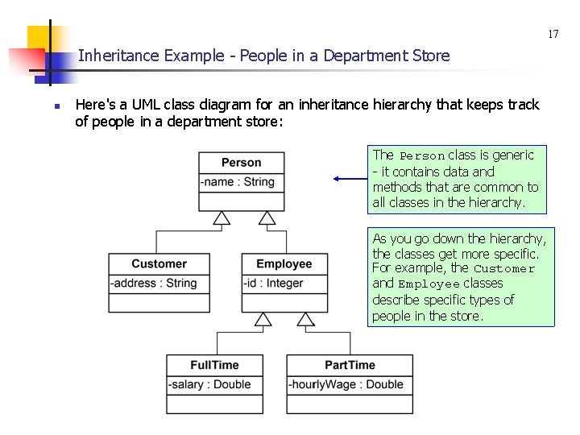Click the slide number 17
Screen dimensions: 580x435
tap(553, 35)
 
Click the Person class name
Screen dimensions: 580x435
tap(241, 163)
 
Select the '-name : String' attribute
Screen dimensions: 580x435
tap(238, 182)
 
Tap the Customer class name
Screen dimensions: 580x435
tap(159, 264)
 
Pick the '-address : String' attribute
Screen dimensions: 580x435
tap(154, 284)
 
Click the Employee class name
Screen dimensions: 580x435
tap(284, 264)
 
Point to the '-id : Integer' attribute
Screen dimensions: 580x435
tap(274, 284)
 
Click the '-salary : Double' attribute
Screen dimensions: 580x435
tap(209, 384)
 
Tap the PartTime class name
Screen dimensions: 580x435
tap(350, 365)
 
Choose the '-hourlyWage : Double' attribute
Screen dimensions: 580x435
tap(346, 384)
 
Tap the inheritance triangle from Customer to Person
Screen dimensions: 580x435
tap(222, 217)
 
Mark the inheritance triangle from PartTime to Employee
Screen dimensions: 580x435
tap(305, 319)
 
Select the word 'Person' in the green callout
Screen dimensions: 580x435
tap(422, 155)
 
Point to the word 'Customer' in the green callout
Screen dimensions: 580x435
tap(503, 269)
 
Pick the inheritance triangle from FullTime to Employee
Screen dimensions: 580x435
tap(263, 319)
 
